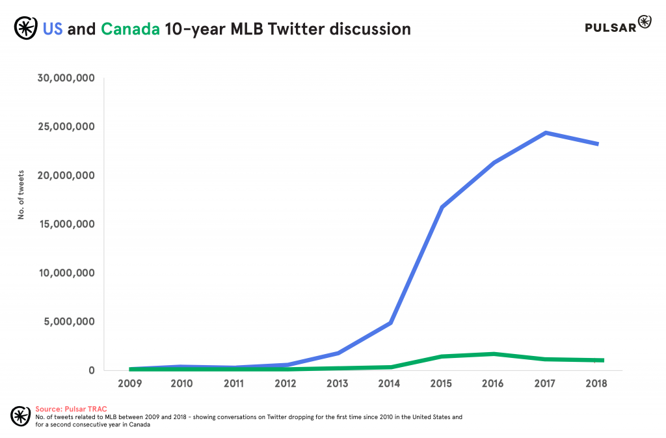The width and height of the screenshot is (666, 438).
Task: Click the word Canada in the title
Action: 130,29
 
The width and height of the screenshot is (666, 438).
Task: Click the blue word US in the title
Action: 53,29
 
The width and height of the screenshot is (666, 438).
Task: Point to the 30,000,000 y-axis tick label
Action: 67,78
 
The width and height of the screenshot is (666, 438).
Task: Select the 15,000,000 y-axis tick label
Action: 67,224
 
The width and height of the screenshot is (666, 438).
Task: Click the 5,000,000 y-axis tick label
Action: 70,322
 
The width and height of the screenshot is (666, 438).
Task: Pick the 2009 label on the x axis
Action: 131,383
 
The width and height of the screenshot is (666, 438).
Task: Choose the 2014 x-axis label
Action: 389,383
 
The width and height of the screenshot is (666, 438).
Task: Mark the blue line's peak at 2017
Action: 545,133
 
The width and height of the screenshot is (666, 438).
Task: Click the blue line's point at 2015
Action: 442,208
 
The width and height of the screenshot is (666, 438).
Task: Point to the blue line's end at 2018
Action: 596,144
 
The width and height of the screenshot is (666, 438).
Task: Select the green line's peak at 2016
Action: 494,354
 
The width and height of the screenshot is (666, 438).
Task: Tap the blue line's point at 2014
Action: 390,323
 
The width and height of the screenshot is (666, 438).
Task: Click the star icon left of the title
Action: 25,29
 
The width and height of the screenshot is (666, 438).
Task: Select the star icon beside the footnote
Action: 21,415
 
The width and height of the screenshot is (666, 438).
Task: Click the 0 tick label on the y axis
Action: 92,370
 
